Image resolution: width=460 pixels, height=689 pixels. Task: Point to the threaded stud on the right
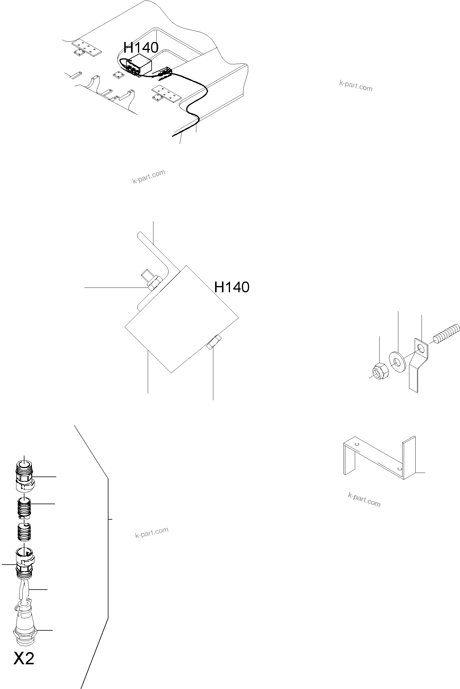pos(446,333)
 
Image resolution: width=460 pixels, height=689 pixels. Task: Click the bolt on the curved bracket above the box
pos(153,281)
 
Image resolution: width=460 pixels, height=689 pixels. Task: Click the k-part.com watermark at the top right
pos(356,86)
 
